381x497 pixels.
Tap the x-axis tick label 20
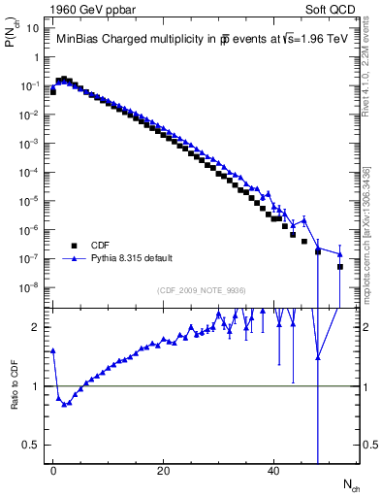click(x=164, y=471)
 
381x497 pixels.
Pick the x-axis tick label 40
click(x=274, y=471)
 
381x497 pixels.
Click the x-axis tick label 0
click(x=53, y=471)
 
